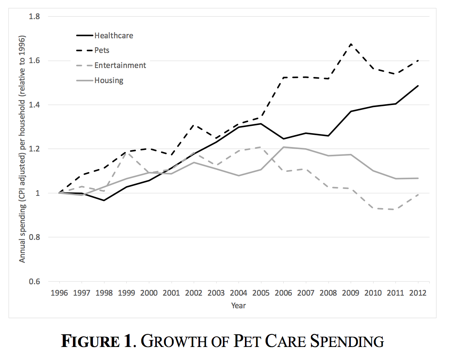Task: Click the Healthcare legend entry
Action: pyautogui.click(x=114, y=35)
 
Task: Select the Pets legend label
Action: pyautogui.click(x=102, y=50)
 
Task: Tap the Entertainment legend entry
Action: pyautogui.click(x=120, y=65)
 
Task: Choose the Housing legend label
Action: pyautogui.click(x=109, y=80)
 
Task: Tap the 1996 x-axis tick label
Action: pyautogui.click(x=60, y=293)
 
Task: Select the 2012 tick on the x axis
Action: pyautogui.click(x=418, y=293)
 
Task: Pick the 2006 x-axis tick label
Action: pyautogui.click(x=284, y=293)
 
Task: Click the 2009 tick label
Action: pyautogui.click(x=350, y=293)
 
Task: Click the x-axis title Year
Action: pyautogui.click(x=238, y=305)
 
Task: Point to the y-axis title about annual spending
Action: pyautogui.click(x=22, y=149)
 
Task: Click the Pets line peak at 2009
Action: pyautogui.click(x=350, y=44)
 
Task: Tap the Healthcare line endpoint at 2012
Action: pyautogui.click(x=418, y=86)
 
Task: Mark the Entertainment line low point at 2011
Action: pyautogui.click(x=395, y=209)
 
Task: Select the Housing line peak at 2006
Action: pyautogui.click(x=284, y=147)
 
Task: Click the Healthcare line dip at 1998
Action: pyautogui.click(x=104, y=200)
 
